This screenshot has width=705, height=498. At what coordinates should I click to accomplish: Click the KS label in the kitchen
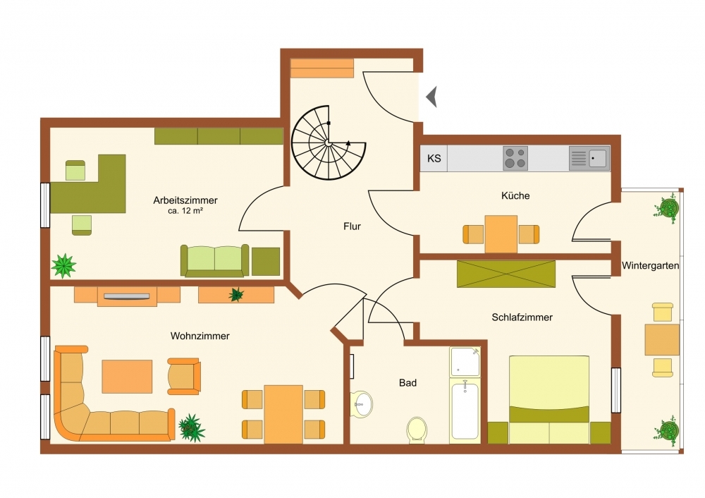[434, 158]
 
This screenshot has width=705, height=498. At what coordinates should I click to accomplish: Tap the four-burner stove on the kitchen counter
[515, 158]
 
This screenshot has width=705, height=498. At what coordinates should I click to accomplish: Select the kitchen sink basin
[598, 158]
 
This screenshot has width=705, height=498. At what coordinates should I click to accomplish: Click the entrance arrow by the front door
[431, 97]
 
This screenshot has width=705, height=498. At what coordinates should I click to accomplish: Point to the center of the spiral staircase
[329, 142]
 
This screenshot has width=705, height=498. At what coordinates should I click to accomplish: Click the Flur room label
[352, 226]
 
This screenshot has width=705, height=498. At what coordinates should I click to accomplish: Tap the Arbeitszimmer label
[185, 200]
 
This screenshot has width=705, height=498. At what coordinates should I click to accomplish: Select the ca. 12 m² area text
[185, 211]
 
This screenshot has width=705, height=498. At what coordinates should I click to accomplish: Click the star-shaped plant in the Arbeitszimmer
[63, 265]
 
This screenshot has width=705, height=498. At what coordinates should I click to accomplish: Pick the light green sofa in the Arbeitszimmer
[215, 260]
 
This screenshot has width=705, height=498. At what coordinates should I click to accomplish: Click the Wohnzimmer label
[200, 336]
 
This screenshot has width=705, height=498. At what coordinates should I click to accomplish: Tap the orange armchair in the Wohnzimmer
[184, 377]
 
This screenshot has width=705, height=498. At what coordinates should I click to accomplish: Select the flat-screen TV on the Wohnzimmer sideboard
[127, 296]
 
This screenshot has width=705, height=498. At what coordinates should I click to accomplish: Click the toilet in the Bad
[417, 430]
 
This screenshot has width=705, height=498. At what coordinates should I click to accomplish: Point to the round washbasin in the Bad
[362, 404]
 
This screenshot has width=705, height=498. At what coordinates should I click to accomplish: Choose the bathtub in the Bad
[465, 411]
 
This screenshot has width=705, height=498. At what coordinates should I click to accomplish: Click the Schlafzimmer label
[522, 317]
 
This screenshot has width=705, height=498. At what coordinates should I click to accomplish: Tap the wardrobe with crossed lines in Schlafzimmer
[506, 274]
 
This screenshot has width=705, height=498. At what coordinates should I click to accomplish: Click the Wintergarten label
[650, 265]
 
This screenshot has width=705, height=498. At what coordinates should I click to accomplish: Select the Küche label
[516, 195]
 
